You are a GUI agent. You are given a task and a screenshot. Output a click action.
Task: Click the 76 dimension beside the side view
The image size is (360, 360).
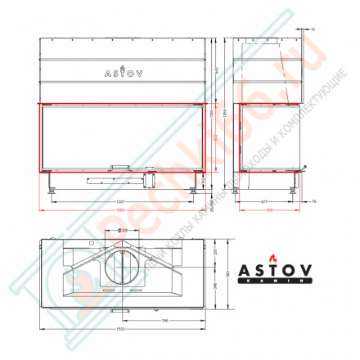(313, 199)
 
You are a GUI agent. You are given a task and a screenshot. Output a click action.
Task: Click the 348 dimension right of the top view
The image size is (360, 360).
(215, 286)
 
